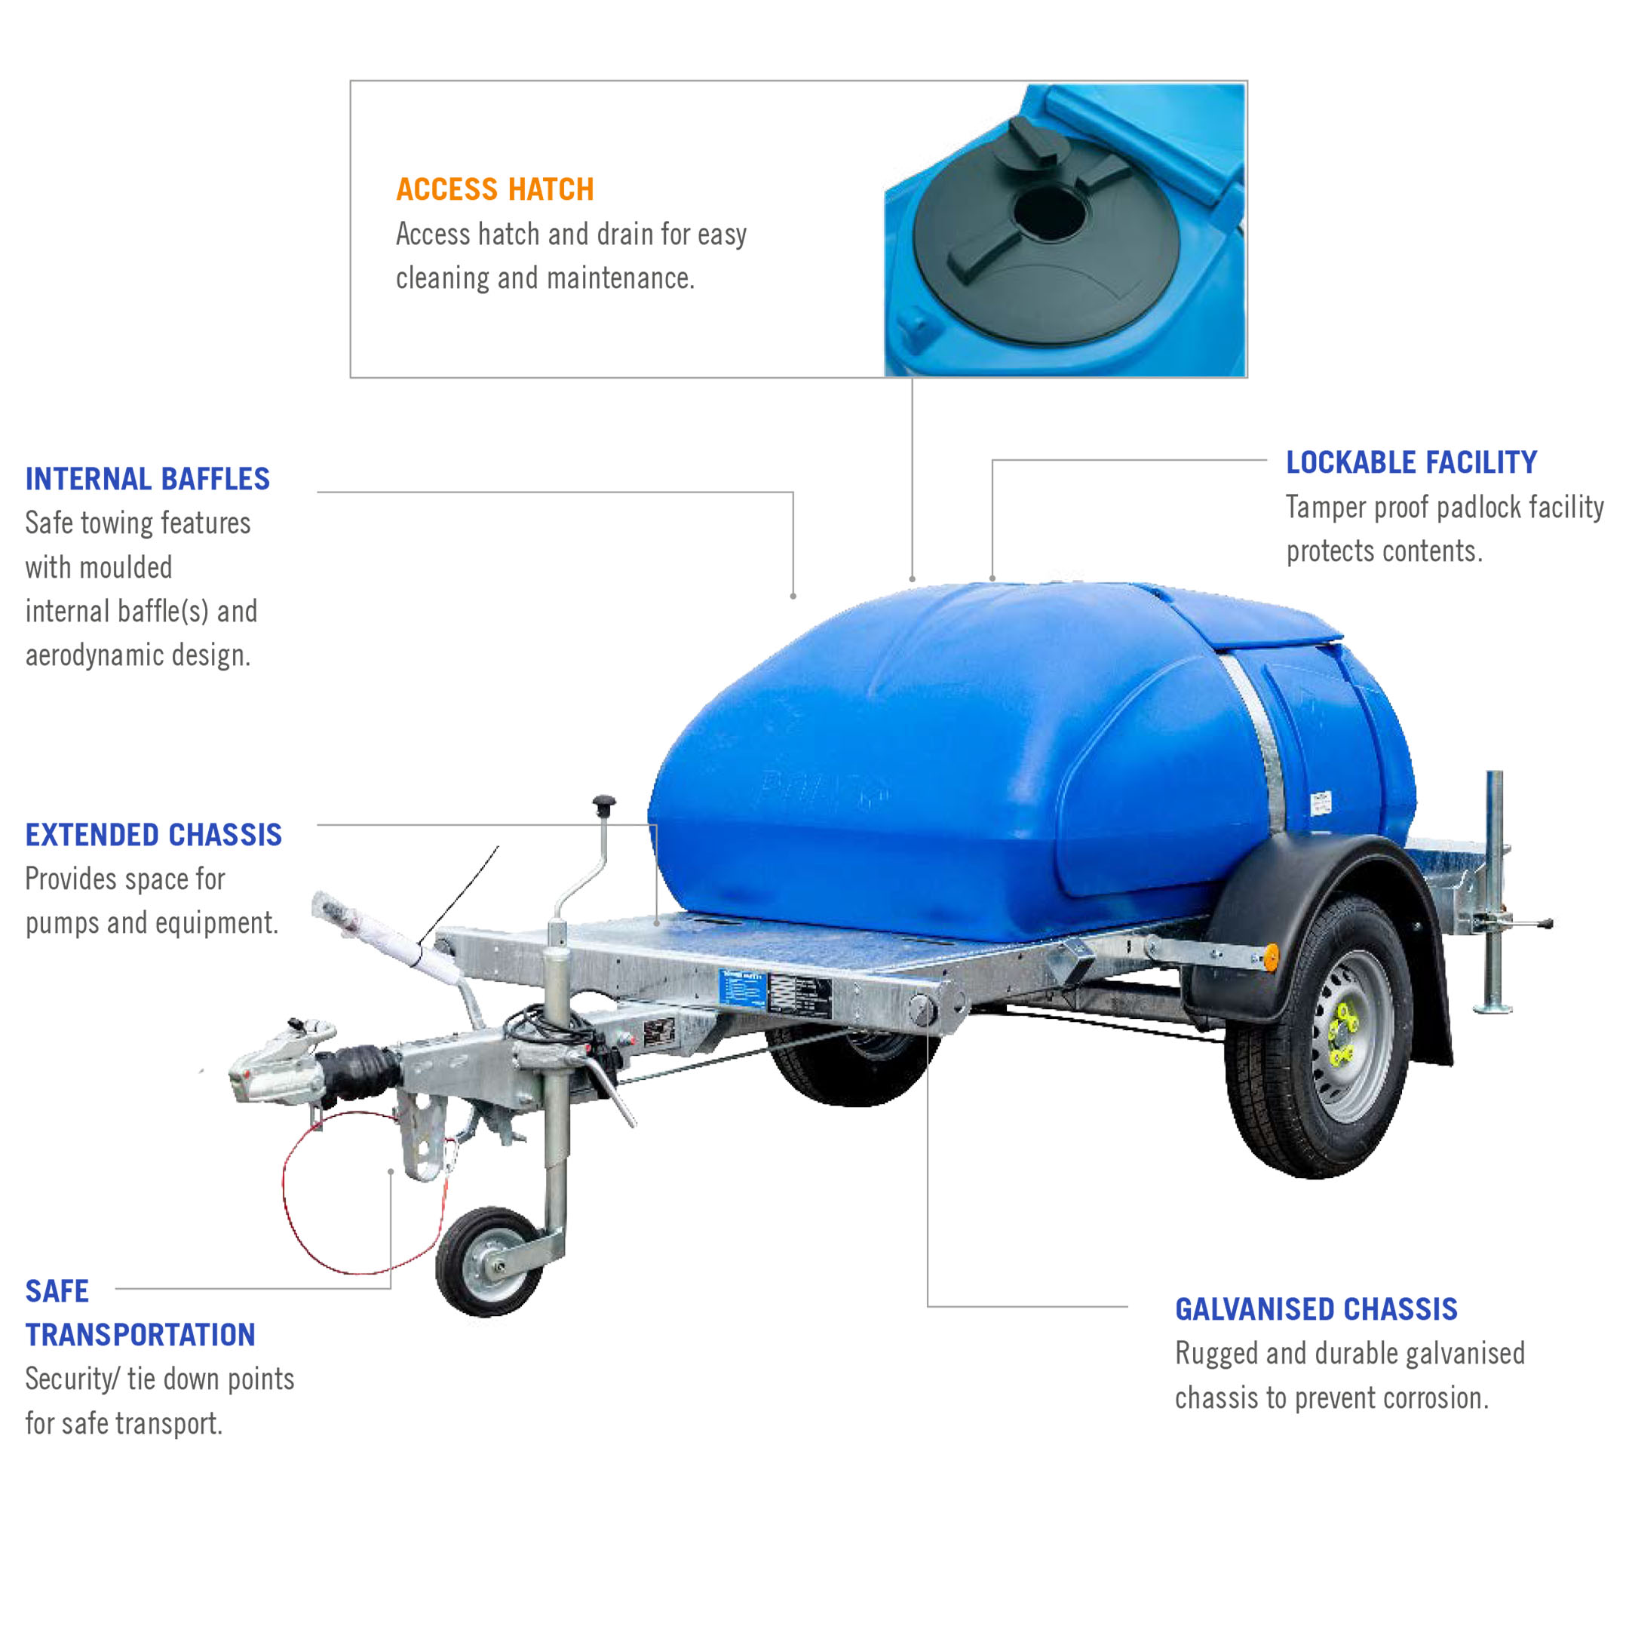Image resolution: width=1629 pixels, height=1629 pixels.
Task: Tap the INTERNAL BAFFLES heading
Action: [x=148, y=479]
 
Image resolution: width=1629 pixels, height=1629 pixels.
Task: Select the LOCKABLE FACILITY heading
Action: [x=1410, y=462]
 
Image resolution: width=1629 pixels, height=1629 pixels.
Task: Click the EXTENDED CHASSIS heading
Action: [x=153, y=835]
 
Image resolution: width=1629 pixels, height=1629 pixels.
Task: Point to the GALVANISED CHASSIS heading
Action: [x=1316, y=1309]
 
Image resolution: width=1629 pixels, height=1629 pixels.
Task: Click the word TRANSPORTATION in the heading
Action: [x=140, y=1335]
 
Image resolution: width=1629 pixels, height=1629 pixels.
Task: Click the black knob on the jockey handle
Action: [x=603, y=803]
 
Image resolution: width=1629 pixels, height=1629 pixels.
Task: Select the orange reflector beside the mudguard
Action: [x=1271, y=956]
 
